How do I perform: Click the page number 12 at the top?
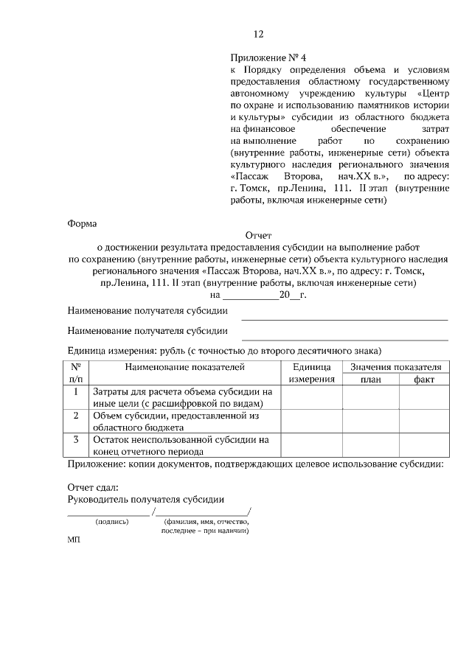pos(258,34)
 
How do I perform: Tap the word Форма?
pos(82,223)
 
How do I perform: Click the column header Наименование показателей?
pos(184,366)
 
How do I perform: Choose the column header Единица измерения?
pos(312,372)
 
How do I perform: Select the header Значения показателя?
pos(396,366)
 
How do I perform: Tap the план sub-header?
pos(370,379)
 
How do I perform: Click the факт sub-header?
pos(424,379)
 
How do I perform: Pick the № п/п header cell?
pos(76,372)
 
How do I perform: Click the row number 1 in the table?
pos(76,392)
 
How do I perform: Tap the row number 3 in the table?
pos(76,439)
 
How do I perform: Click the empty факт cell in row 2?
pos(424,421)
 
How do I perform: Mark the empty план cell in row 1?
pos(370,397)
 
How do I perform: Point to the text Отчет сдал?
pos(92,487)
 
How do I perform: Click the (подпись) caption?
pos(112,522)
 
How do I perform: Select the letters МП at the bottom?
pos(73,539)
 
